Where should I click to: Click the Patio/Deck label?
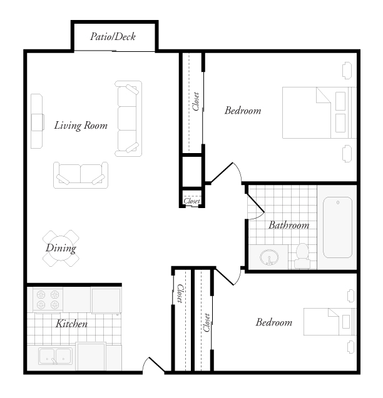click(113, 36)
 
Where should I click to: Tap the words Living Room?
click(81, 125)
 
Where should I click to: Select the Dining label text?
click(61, 248)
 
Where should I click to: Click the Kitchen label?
click(71, 324)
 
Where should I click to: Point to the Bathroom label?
click(289, 225)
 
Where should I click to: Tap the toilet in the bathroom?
click(302, 254)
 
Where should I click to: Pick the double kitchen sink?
click(56, 357)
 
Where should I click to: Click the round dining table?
click(62, 248)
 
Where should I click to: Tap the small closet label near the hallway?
click(191, 201)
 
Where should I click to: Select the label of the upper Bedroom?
click(242, 111)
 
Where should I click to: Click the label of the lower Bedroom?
click(273, 323)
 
